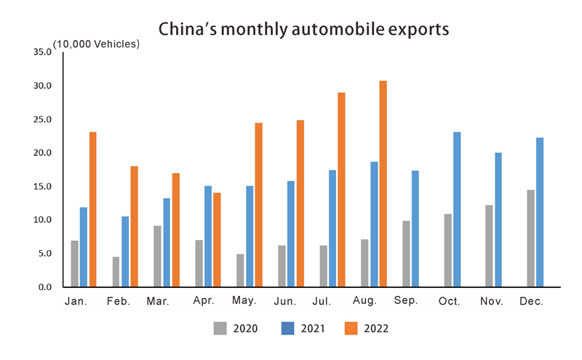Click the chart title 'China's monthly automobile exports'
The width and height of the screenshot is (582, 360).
(303, 30)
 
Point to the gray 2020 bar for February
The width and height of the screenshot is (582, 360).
(116, 272)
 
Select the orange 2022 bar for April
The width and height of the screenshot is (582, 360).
(217, 240)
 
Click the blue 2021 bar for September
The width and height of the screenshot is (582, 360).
(415, 229)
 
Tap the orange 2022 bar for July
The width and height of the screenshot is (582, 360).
(341, 190)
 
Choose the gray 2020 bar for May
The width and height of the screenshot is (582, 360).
(240, 271)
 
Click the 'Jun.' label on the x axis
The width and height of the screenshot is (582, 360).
(286, 301)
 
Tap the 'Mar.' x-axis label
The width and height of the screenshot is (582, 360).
(159, 301)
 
